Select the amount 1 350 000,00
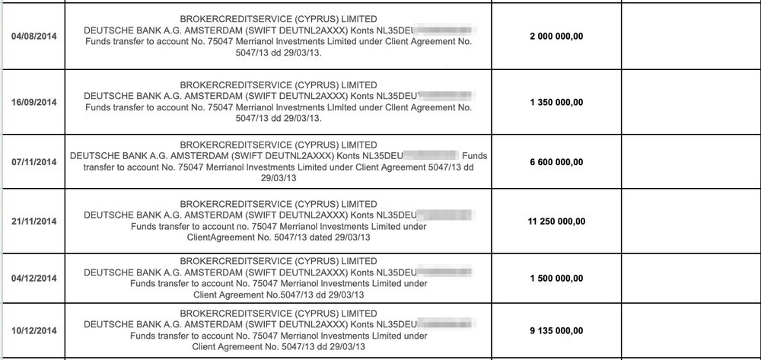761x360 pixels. tap(556, 102)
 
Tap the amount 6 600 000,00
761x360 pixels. tap(556, 162)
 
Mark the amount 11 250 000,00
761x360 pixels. tap(556, 221)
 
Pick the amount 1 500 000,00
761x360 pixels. tap(556, 279)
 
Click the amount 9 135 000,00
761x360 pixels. tap(556, 330)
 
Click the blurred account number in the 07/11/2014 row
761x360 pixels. tap(429, 156)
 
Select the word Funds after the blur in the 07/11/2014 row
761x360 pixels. tap(474, 156)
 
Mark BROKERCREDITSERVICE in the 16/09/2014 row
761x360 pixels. tap(232, 84)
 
